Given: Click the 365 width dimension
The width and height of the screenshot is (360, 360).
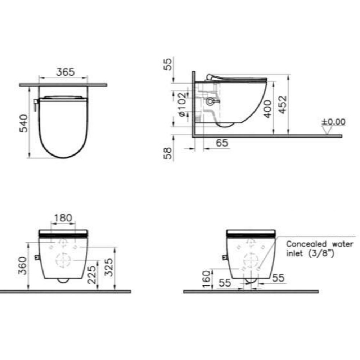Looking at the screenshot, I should click(66, 72).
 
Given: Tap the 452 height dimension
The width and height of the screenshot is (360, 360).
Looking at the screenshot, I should click(283, 104).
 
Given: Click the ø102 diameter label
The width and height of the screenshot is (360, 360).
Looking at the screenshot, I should click(182, 104).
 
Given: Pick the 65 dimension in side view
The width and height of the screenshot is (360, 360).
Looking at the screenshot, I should click(222, 143).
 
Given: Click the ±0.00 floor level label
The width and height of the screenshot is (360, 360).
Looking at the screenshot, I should click(333, 122).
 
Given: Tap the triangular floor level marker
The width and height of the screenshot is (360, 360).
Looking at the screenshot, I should click(327, 130).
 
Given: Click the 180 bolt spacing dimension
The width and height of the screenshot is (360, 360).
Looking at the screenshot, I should click(63, 218).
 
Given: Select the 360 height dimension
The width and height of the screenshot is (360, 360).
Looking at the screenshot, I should click(23, 266).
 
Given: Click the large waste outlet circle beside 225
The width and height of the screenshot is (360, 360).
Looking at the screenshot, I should click(63, 260).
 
